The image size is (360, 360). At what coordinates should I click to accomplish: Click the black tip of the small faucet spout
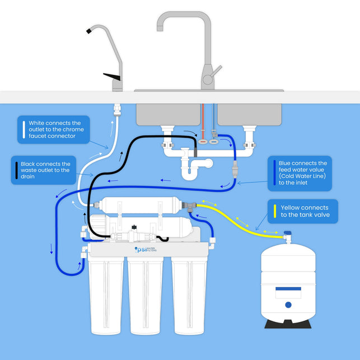[x=90, y=33]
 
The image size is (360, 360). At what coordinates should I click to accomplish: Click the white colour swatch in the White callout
[x=22, y=130]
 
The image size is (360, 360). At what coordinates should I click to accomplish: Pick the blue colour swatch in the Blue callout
[x=273, y=169]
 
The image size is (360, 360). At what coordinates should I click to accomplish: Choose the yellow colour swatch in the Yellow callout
[x=274, y=211]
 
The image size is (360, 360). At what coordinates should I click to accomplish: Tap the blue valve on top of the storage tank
[x=287, y=234]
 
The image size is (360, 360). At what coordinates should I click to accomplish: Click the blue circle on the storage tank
[x=288, y=305]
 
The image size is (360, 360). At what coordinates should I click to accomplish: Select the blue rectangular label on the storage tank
[x=288, y=291]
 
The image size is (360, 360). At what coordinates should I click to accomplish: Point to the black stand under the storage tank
[x=288, y=324]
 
